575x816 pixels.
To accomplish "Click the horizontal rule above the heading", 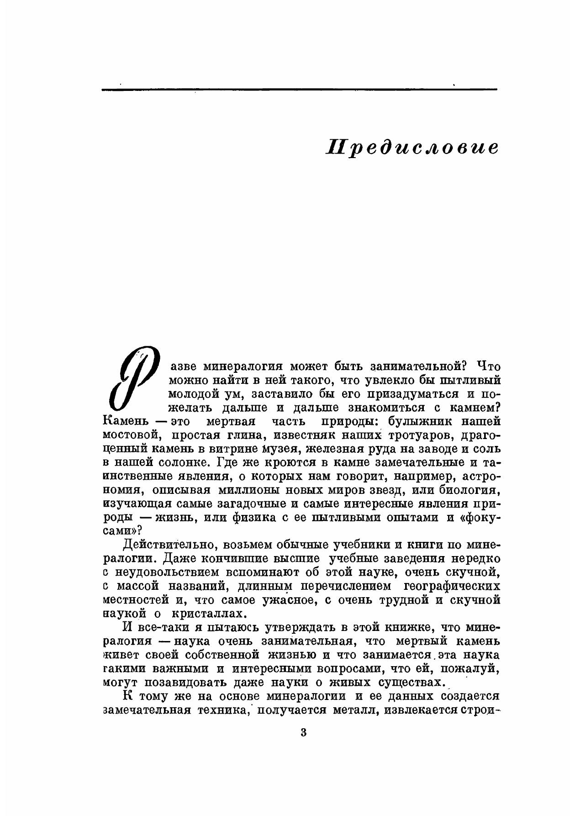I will click(299, 89).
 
